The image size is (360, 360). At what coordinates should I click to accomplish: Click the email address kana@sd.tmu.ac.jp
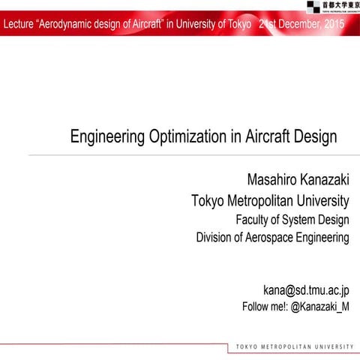point(305,289)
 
